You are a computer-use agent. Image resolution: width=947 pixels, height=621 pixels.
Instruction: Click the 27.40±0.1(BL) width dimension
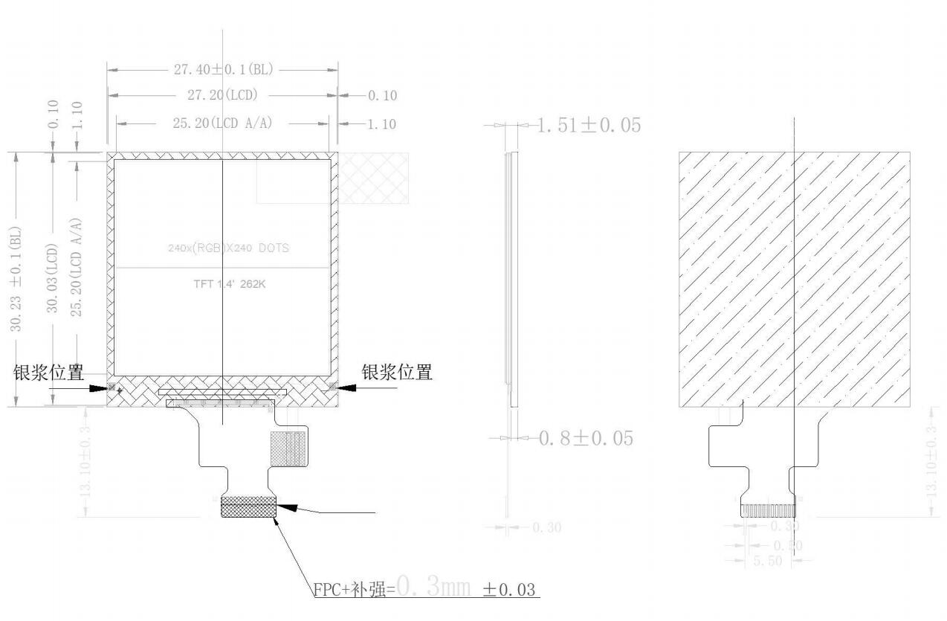point(224,70)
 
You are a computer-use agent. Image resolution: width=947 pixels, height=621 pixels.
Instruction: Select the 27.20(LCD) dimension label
point(222,95)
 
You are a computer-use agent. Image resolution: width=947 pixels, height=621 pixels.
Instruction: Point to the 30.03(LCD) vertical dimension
point(53,278)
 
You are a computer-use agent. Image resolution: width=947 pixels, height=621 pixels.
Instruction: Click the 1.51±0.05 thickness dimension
point(588,125)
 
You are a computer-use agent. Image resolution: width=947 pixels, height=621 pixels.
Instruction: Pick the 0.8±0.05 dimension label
point(586,438)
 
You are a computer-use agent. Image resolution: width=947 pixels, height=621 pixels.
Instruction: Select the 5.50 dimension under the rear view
point(767,561)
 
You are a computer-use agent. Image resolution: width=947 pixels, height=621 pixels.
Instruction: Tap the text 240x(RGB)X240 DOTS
point(228,248)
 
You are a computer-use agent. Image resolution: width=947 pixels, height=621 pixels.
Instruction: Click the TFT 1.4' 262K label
point(224,283)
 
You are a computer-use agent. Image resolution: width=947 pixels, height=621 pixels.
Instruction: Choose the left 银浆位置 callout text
point(49,373)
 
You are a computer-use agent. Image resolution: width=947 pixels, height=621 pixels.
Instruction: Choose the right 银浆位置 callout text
point(397,373)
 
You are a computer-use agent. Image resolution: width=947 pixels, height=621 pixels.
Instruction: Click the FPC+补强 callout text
point(353,590)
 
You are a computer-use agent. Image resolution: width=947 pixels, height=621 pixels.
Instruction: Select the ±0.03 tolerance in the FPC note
point(509,590)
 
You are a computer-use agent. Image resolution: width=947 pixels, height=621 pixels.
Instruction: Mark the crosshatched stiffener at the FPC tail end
point(248,506)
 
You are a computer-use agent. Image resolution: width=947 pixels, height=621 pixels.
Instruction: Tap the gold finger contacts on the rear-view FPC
point(768,511)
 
